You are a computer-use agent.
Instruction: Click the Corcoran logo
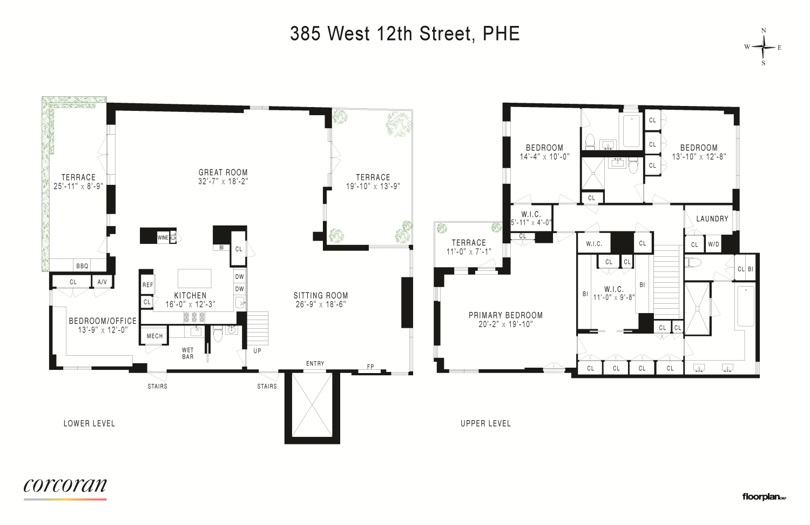click(65, 486)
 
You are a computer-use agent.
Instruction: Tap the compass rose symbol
click(764, 47)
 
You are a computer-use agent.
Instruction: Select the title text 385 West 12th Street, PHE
click(404, 34)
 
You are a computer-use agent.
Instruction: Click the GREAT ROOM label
click(223, 172)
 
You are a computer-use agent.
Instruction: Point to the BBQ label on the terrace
click(82, 265)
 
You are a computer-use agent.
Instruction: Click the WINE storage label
click(162, 237)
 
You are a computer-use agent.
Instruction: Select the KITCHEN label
click(190, 295)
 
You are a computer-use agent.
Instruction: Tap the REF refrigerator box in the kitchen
click(147, 285)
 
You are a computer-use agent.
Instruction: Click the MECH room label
click(154, 336)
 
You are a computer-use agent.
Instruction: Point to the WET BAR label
click(188, 354)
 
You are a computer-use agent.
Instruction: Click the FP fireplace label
click(370, 367)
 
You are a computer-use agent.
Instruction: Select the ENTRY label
click(315, 363)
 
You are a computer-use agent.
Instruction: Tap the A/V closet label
click(101, 282)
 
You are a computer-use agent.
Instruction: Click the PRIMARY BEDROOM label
click(505, 315)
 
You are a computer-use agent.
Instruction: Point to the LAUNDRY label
click(712, 219)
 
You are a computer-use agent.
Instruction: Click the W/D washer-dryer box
click(713, 244)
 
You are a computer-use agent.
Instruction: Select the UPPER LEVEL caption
click(485, 423)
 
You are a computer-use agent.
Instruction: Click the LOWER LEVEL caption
click(89, 423)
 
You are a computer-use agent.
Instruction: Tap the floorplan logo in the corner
click(764, 497)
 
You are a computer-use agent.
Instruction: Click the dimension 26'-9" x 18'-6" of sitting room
click(321, 304)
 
